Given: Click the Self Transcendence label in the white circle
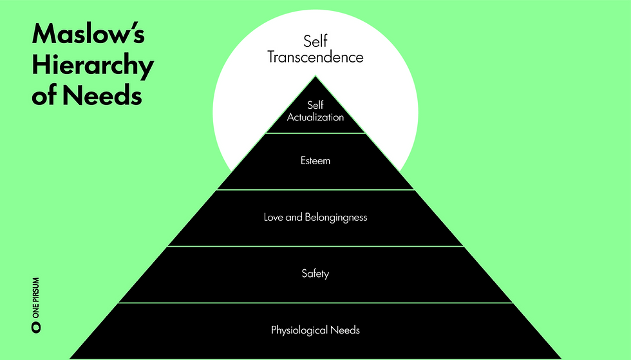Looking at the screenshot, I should click(x=315, y=50).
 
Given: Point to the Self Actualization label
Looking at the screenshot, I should click(x=315, y=111).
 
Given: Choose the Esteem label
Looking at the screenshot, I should click(x=315, y=160).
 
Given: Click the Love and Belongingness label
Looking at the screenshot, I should click(x=315, y=217).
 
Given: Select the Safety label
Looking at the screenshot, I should click(x=315, y=274).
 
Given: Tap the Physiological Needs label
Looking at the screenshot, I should click(x=315, y=330).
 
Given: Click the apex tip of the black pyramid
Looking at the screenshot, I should click(x=315, y=77).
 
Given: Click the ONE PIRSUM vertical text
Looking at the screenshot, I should click(x=36, y=300).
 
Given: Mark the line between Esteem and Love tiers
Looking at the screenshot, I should click(x=315, y=190).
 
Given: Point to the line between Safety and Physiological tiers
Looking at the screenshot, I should click(x=315, y=302).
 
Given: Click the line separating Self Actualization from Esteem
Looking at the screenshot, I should click(x=315, y=133).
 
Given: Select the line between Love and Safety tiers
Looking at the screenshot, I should click(x=315, y=246).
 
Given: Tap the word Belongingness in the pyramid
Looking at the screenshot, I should click(x=337, y=217).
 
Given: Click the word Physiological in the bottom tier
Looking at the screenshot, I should click(x=299, y=330).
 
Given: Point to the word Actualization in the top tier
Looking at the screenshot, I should click(x=315, y=117).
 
